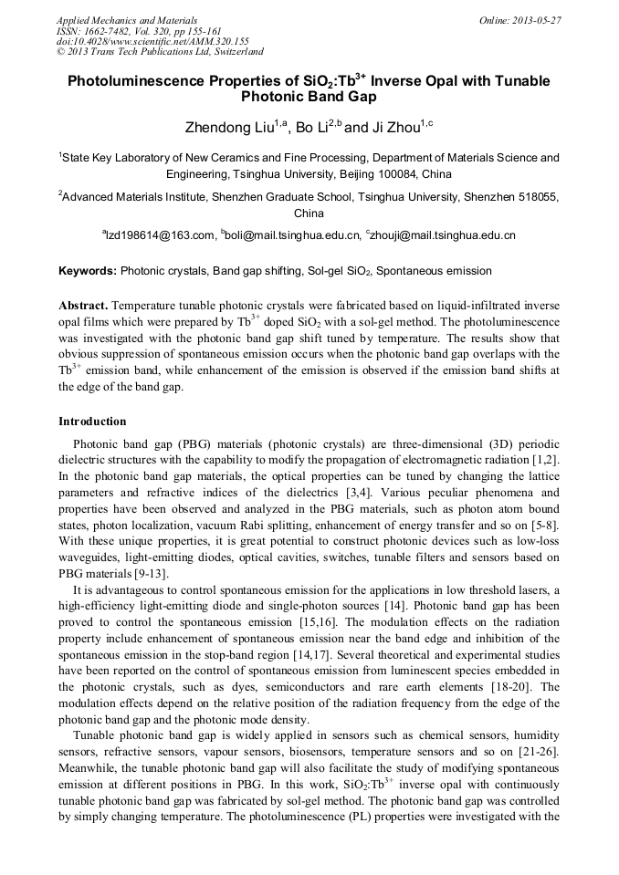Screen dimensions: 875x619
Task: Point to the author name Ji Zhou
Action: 385,127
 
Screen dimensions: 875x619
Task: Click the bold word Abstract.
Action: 83,305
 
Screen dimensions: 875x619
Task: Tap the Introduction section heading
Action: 92,422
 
